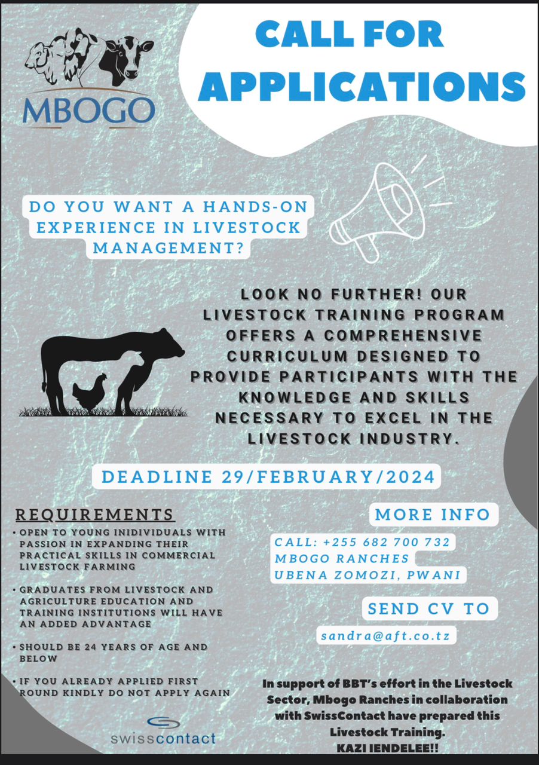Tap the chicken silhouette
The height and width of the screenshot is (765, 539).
pyautogui.click(x=90, y=393)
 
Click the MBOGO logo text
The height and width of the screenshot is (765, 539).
pyautogui.click(x=89, y=111)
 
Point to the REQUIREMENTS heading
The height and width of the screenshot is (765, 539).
pyautogui.click(x=94, y=515)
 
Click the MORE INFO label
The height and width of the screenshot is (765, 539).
pyautogui.click(x=433, y=515)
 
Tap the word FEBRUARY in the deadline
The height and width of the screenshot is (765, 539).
pyautogui.click(x=314, y=477)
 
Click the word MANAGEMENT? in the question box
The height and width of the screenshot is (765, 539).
pyautogui.click(x=169, y=248)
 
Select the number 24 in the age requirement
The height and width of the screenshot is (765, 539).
pyautogui.click(x=90, y=647)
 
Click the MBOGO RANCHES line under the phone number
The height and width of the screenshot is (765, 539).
pyautogui.click(x=342, y=558)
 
